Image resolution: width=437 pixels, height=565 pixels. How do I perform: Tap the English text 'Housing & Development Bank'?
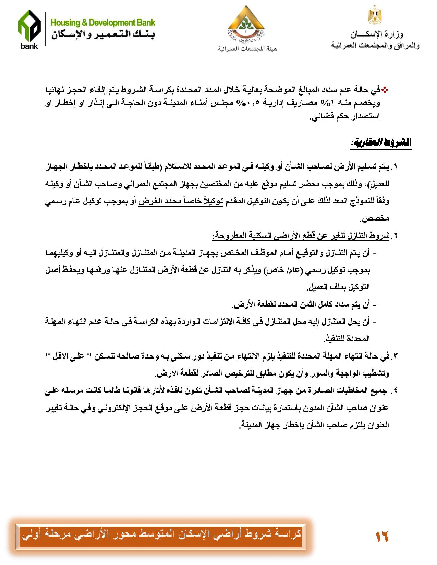[103, 23]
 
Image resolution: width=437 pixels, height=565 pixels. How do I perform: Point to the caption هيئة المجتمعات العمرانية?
[247, 49]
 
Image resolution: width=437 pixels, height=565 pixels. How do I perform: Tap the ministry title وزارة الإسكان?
[377, 34]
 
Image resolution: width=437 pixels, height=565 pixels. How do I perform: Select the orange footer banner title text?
[161, 534]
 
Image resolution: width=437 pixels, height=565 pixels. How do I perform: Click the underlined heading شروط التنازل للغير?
[302, 236]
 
